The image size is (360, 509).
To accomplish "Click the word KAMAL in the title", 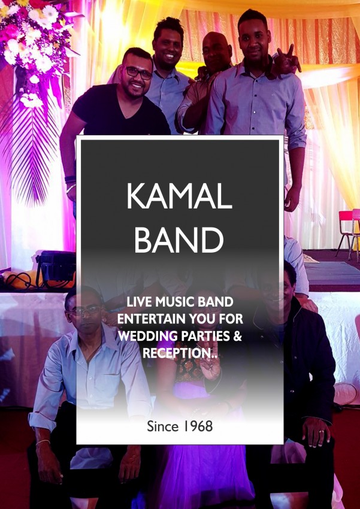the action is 179,197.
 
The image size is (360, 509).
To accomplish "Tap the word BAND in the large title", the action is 179,240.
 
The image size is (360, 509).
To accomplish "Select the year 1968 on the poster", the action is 197,426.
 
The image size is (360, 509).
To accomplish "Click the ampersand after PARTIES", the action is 238,337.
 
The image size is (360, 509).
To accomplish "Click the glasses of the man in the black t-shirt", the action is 138,72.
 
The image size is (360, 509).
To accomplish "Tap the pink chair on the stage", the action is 349,231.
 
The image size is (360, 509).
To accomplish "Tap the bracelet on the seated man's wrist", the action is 43,443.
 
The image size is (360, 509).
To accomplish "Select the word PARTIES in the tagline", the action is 204,337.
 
